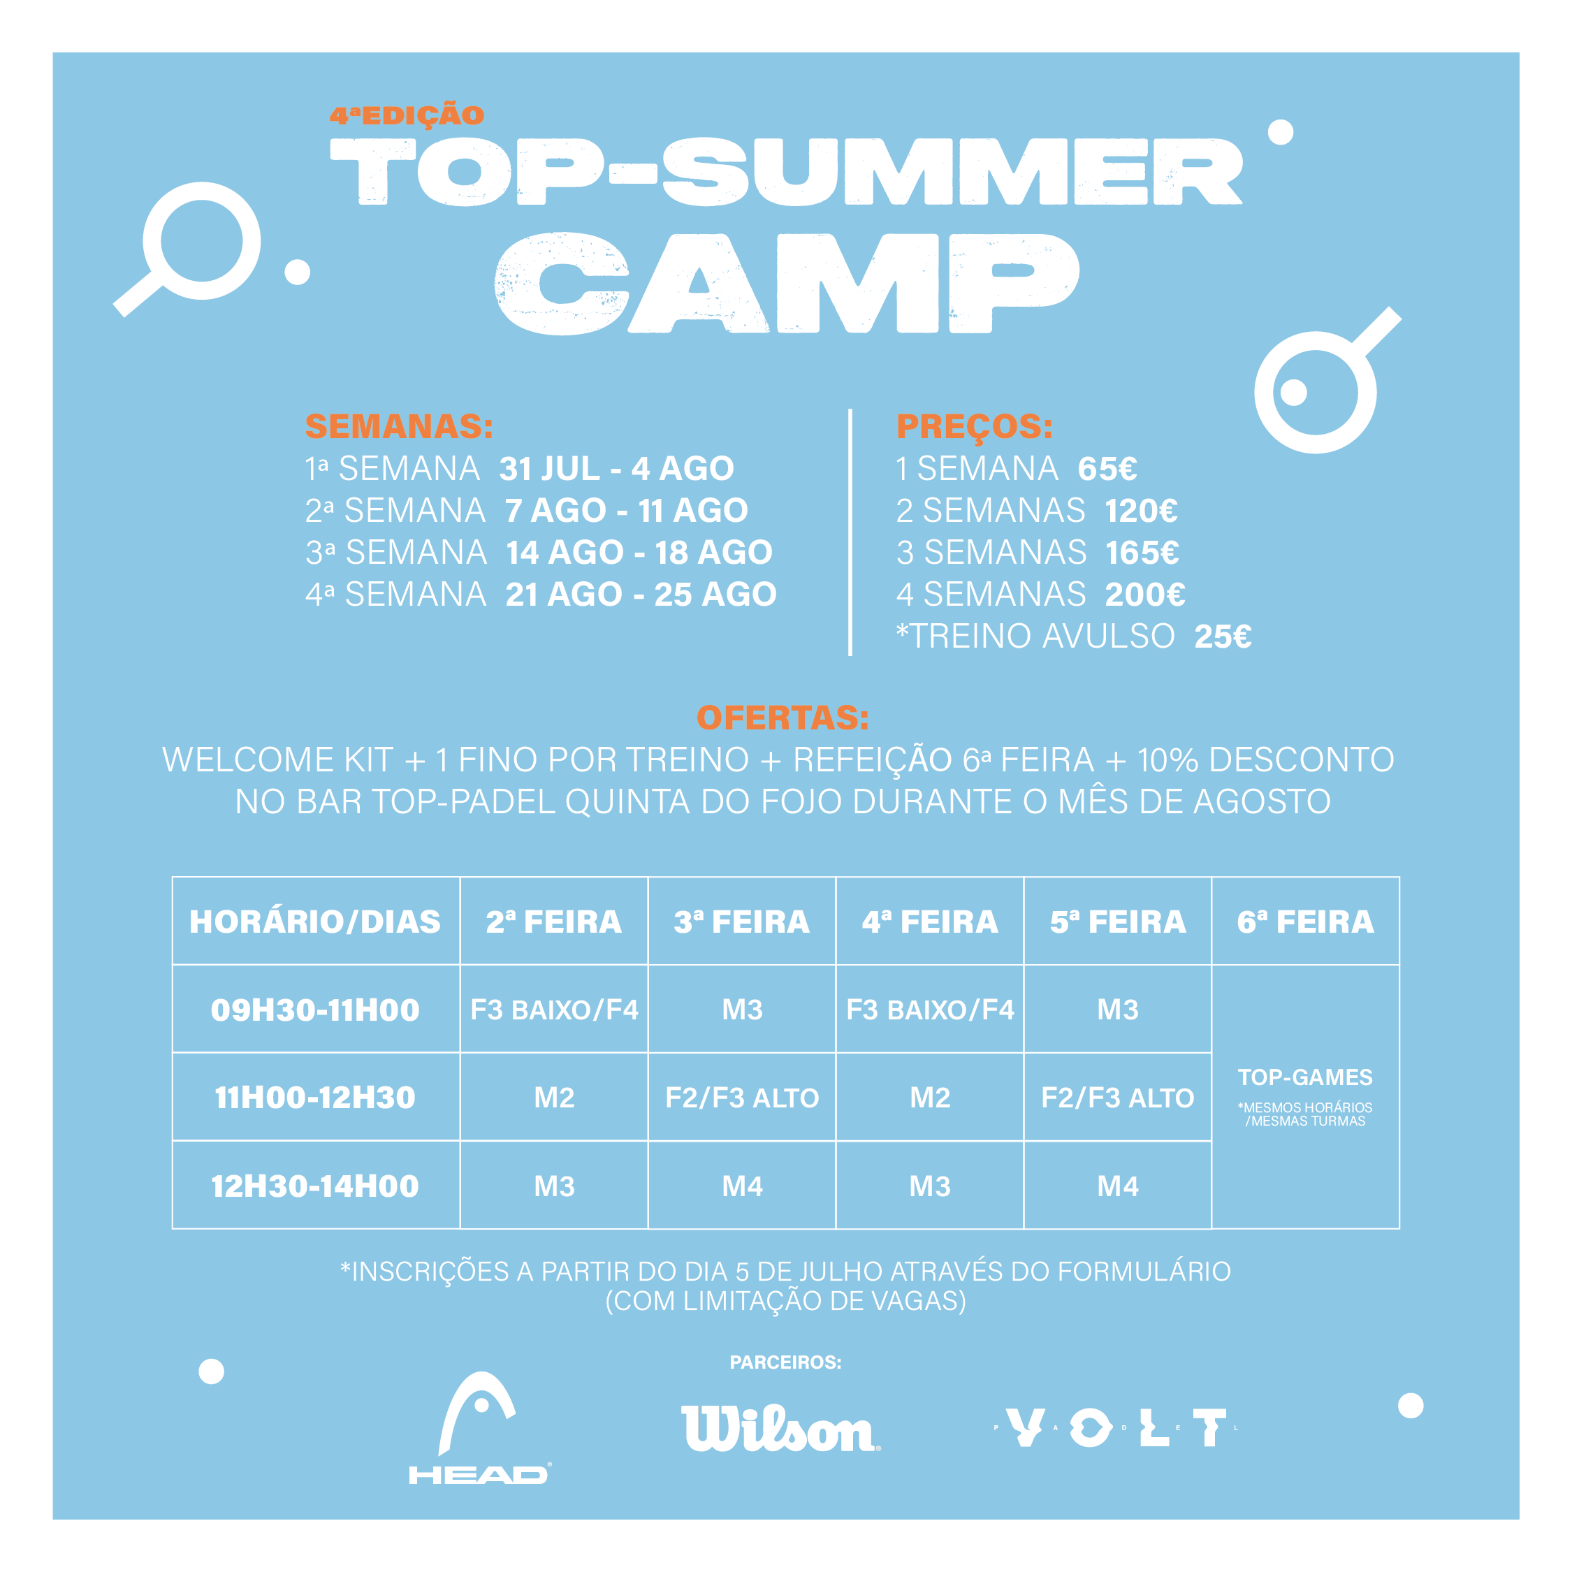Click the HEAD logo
[x=479, y=1429]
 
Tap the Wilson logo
[x=781, y=1429]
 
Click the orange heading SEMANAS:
[x=399, y=426]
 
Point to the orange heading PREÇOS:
[x=974, y=426]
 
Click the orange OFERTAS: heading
[x=783, y=718]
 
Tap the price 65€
[x=1107, y=469]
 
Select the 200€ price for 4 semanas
[x=1145, y=594]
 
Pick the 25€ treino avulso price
[x=1222, y=636]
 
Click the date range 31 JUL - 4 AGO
[x=617, y=469]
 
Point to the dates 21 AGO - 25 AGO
[x=641, y=594]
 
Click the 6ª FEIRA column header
[x=1305, y=922]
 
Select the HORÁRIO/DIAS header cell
[x=315, y=922]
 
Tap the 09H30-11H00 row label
[x=315, y=1010]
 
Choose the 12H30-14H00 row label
[x=315, y=1186]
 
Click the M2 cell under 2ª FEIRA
[x=554, y=1098]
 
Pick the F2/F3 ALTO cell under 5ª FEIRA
[x=1118, y=1098]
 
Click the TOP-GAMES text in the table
[x=1305, y=1077]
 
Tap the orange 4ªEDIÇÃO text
[x=407, y=115]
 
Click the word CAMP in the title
[x=787, y=283]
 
